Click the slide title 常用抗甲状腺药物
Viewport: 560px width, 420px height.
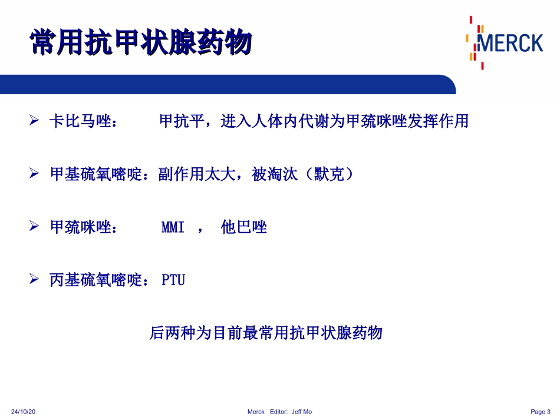coord(141,43)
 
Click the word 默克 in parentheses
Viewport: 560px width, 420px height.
coord(328,175)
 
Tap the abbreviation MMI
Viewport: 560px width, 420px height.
coord(173,228)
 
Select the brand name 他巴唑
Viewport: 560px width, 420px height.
coord(244,228)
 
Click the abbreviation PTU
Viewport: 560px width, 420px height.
coord(173,280)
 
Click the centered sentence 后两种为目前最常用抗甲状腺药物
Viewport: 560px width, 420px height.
coord(266,333)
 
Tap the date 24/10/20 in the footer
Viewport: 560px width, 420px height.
coord(24,412)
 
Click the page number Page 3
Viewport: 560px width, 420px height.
coord(540,412)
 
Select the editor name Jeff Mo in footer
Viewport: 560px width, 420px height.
coord(302,412)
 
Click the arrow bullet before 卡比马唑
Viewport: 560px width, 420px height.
coord(34,121)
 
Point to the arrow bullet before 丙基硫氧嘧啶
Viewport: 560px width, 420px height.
coord(34,280)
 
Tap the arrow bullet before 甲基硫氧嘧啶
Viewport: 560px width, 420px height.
coord(34,174)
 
